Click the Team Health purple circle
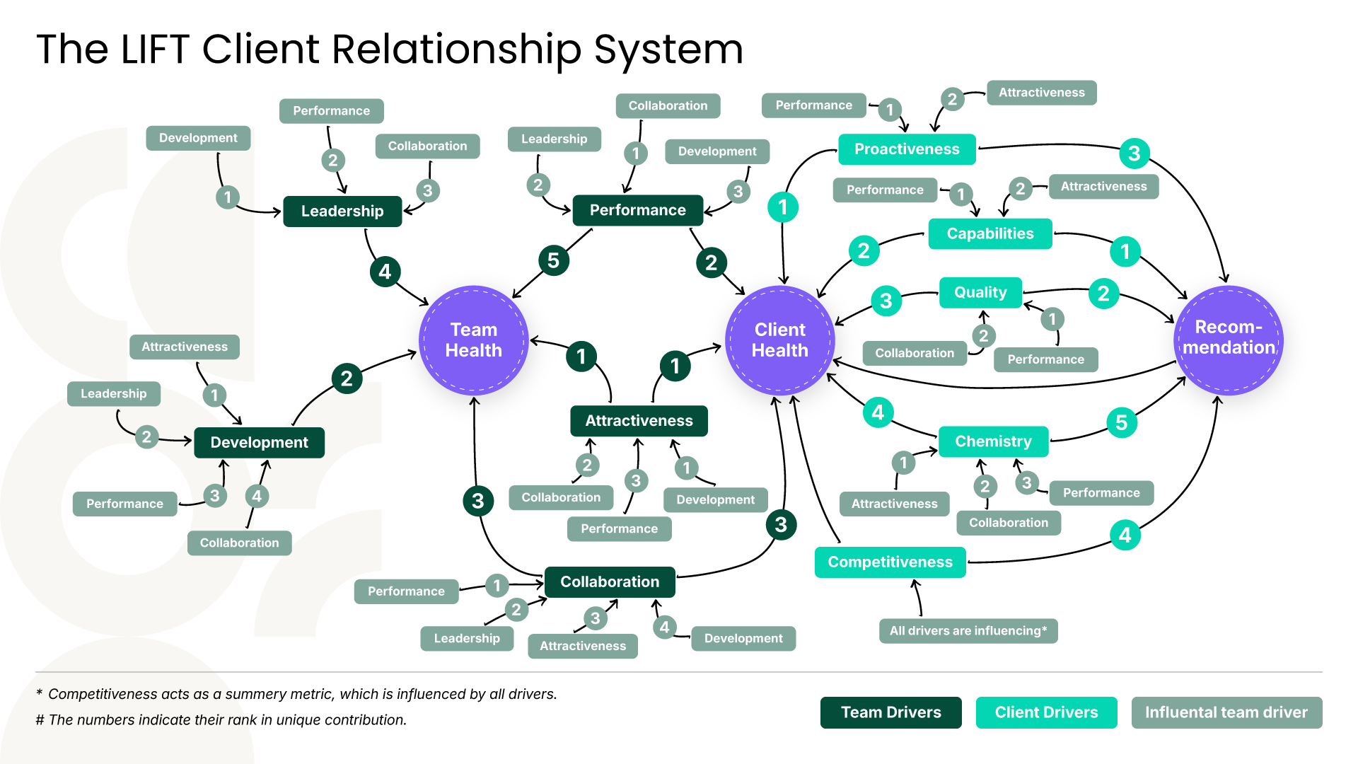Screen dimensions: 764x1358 (473, 340)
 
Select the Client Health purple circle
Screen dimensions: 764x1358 (779, 340)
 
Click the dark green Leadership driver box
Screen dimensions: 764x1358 (342, 212)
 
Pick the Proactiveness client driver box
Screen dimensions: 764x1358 (907, 149)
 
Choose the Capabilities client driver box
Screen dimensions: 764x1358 (990, 233)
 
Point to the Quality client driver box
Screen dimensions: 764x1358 (980, 292)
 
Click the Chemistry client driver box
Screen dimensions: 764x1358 (993, 441)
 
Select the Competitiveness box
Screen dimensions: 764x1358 (890, 562)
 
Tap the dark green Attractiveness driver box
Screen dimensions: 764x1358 (639, 421)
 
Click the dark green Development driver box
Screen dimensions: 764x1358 (259, 443)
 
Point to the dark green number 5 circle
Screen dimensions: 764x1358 (553, 260)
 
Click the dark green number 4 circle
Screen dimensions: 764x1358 (385, 272)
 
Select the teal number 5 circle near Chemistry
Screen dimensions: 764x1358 (1121, 423)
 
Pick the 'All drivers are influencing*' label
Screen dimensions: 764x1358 (968, 631)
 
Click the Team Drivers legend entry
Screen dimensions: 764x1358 (890, 712)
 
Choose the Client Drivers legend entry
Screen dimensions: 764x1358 (1046, 712)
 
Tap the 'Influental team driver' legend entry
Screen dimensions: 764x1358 (1226, 712)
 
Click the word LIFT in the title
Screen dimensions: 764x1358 (155, 50)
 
